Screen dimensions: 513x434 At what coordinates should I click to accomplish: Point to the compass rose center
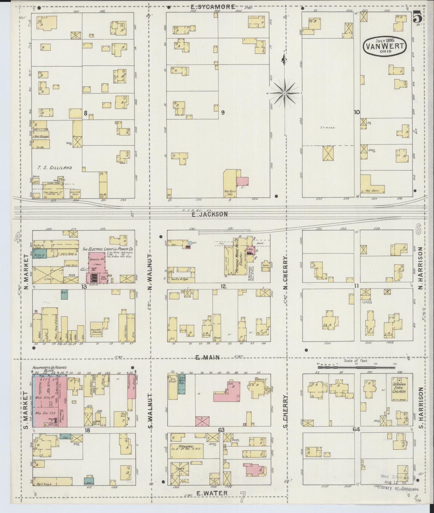coord(284,93)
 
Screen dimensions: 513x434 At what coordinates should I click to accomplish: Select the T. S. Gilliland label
coord(55,168)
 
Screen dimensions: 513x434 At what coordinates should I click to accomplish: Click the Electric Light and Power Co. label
coord(108,249)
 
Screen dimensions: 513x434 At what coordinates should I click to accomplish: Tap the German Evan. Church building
coord(399,389)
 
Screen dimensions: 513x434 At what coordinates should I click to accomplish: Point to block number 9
coord(223,112)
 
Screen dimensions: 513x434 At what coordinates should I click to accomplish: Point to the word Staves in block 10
coord(329,127)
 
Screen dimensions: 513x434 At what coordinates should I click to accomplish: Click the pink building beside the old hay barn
coord(243,181)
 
